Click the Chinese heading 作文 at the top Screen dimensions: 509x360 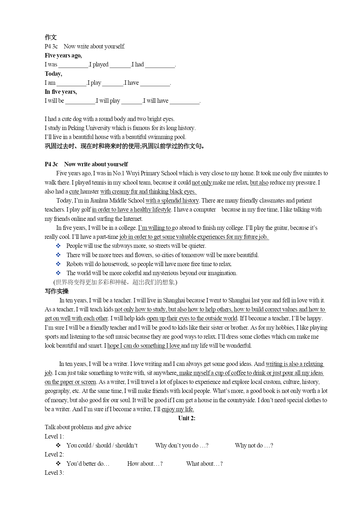pyautogui.click(x=51, y=37)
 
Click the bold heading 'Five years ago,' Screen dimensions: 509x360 pyautogui.click(x=63, y=55)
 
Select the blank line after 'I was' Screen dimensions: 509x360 pyautogui.click(x=73, y=65)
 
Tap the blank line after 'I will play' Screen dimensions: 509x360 pyautogui.click(x=132, y=101)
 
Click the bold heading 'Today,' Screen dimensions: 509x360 pyautogui.click(x=53, y=74)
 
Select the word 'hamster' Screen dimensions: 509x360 pyautogui.click(x=90, y=192)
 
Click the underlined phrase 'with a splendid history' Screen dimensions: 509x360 pyautogui.click(x=172, y=201)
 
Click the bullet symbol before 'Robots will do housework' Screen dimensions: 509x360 pyautogui.click(x=58, y=264)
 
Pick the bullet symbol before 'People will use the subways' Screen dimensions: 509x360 pyautogui.click(x=58, y=246)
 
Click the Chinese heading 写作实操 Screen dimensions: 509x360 pyautogui.click(x=57, y=291)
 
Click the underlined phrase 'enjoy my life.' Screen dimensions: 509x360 pyautogui.click(x=178, y=409)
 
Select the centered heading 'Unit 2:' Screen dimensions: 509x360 pyautogui.click(x=187, y=418)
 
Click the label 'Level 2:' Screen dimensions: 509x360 pyautogui.click(x=54, y=454)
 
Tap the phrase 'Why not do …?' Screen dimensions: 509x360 pyautogui.click(x=254, y=445)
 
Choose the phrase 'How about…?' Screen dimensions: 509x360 pyautogui.click(x=145, y=464)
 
